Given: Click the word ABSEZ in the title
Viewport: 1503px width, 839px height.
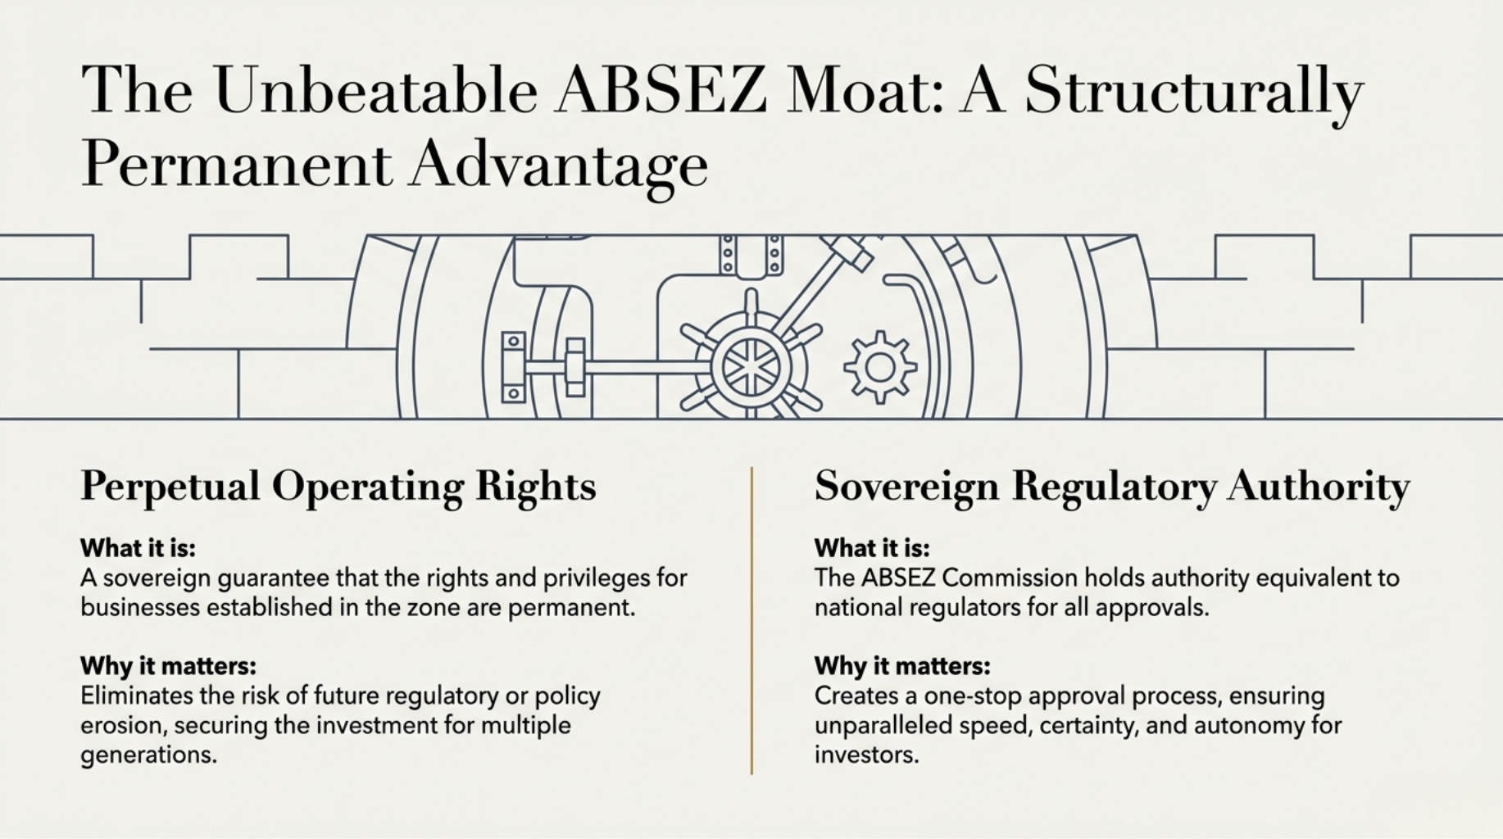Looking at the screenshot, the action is (x=661, y=89).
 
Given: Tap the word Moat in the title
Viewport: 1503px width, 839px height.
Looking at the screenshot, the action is (x=864, y=89).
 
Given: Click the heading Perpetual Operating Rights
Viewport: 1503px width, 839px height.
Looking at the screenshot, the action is (x=338, y=486).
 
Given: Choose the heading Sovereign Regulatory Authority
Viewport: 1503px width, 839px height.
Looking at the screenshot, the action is (x=1112, y=486).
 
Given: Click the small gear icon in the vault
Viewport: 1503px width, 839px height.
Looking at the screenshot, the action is (x=880, y=367).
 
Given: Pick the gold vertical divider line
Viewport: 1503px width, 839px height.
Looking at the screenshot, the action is (x=751, y=620).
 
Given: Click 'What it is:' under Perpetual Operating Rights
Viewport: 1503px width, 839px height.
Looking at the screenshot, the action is (x=138, y=547).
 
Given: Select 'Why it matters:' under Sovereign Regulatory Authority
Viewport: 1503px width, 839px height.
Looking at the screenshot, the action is (x=902, y=665).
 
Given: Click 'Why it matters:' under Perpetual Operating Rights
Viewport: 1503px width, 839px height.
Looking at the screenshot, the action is (x=168, y=665).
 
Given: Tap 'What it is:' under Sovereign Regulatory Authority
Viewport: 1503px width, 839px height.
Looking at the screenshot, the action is (x=872, y=547).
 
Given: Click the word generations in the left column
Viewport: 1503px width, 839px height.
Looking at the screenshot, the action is (x=148, y=755).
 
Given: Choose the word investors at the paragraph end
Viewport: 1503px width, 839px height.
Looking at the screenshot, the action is (x=867, y=755).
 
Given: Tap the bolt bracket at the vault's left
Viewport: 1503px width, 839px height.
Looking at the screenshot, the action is (x=514, y=367).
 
